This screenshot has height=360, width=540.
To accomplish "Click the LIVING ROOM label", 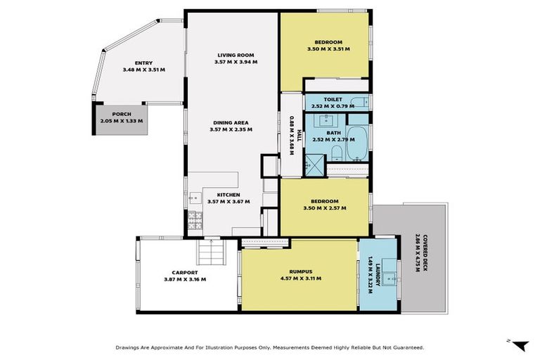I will (x=236, y=55).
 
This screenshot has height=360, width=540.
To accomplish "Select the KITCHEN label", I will (x=229, y=195).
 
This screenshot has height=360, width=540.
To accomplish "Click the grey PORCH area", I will (x=121, y=117).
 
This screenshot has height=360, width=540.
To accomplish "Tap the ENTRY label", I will (x=143, y=63).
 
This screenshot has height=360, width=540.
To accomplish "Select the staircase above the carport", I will (x=211, y=250).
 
